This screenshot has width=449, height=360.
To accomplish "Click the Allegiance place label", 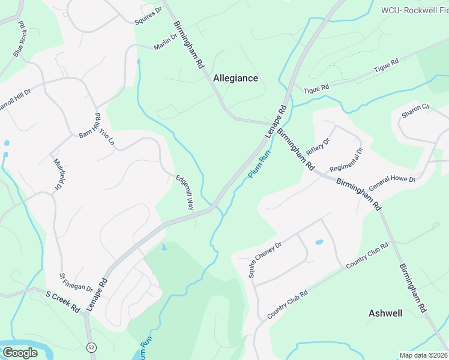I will click(236, 78).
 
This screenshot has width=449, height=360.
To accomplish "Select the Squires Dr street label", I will click(148, 19).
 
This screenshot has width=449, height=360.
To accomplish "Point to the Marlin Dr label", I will click(166, 41).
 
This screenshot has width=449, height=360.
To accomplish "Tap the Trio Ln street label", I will click(107, 138).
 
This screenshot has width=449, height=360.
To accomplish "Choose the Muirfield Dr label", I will click(58, 174).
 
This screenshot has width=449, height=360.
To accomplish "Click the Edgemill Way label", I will click(185, 191).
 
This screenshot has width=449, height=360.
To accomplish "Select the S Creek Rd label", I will click(62, 302).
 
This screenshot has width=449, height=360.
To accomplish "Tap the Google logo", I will click(20, 353).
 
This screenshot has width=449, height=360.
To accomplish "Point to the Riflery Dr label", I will click(318, 146).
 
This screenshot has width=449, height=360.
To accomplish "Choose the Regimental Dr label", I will click(347, 160).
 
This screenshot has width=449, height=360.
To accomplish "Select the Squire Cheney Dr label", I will click(265, 260).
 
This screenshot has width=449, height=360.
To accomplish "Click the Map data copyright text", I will click(424, 355).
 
